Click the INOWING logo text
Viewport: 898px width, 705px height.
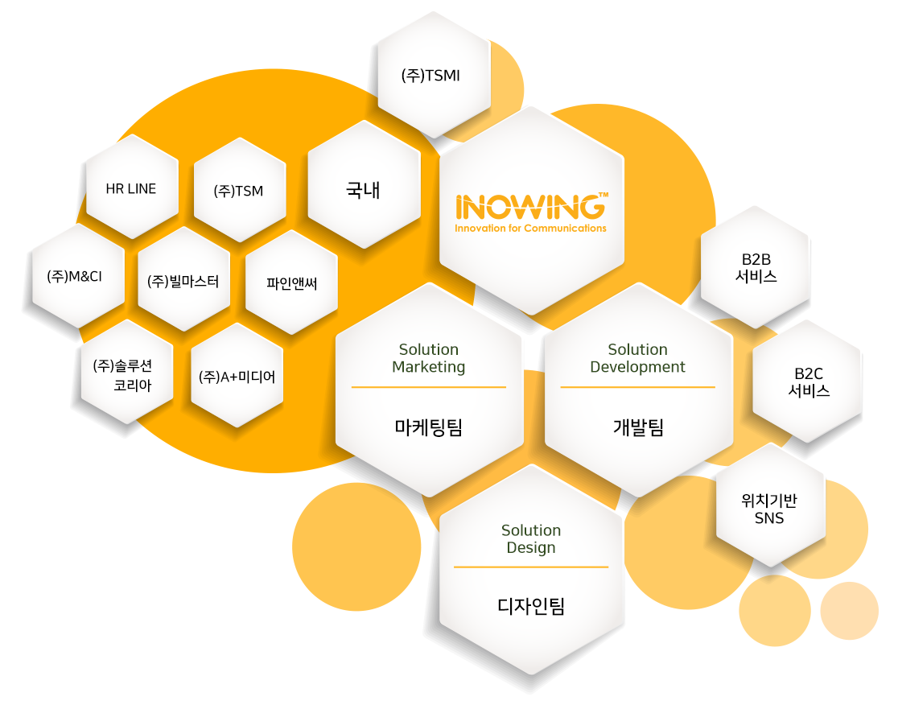pyautogui.click(x=530, y=207)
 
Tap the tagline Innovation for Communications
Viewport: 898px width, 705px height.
pyautogui.click(x=530, y=229)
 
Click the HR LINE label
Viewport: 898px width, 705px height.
pyautogui.click(x=131, y=189)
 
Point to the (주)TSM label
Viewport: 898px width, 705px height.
pyautogui.click(x=238, y=192)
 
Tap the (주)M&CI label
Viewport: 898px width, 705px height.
pyautogui.click(x=75, y=276)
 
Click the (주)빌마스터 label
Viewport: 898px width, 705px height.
pyautogui.click(x=183, y=281)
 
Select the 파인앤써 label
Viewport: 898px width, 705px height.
pyautogui.click(x=291, y=282)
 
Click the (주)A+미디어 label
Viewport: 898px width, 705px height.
pyautogui.click(x=237, y=376)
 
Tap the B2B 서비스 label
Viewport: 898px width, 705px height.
pyautogui.click(x=756, y=268)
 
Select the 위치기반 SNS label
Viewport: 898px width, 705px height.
pyautogui.click(x=769, y=509)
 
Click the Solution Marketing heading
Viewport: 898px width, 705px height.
pyautogui.click(x=429, y=358)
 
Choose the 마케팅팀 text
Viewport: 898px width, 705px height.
pyautogui.click(x=429, y=427)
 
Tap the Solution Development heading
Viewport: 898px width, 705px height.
pyautogui.click(x=638, y=358)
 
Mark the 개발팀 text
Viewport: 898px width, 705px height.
pyautogui.click(x=638, y=427)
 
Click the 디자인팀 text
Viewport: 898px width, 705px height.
pyautogui.click(x=531, y=606)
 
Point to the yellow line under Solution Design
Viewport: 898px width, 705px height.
pyautogui.click(x=531, y=567)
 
